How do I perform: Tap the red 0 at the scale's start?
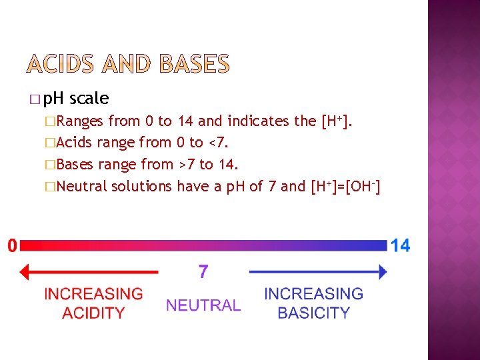[x=13, y=246]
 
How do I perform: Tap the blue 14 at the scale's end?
[x=400, y=246]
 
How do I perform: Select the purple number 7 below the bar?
[x=203, y=272]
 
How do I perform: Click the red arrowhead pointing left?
[x=25, y=272]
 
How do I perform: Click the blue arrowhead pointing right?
[x=382, y=272]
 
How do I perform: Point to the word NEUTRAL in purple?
[x=203, y=305]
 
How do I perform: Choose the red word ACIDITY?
[x=93, y=313]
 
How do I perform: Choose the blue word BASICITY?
[x=313, y=313]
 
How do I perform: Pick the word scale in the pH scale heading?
[x=89, y=99]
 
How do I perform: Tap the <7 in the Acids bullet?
[x=213, y=143]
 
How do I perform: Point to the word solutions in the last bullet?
[x=141, y=186]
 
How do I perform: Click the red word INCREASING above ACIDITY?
[x=93, y=294]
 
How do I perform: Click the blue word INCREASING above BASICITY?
[x=313, y=294]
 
